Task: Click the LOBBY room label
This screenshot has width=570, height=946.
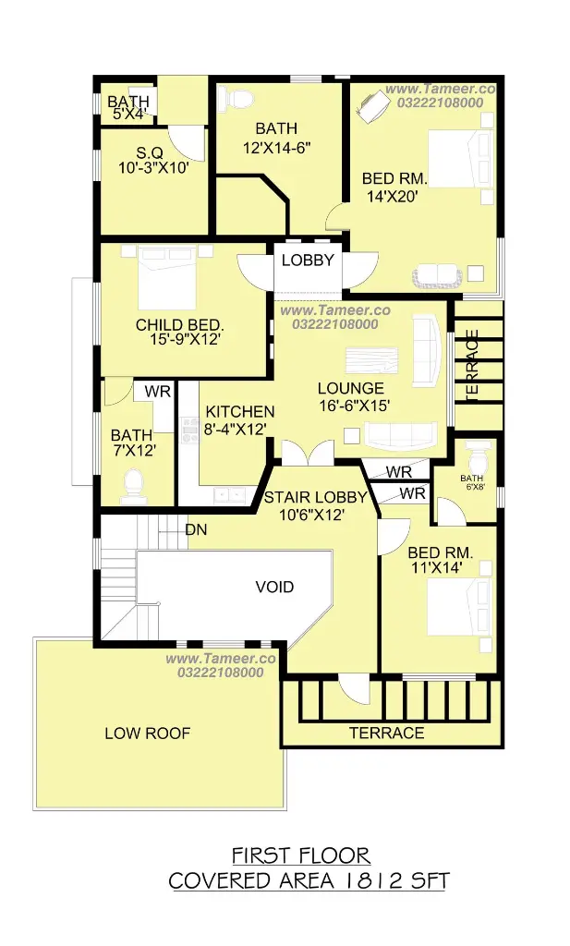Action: point(308,260)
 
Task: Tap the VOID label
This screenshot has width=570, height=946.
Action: point(274,587)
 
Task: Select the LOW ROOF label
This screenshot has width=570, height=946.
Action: point(147,733)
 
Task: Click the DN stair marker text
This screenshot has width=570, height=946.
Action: point(196,529)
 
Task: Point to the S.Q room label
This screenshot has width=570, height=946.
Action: point(150,152)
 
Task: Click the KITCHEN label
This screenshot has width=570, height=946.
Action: point(240,412)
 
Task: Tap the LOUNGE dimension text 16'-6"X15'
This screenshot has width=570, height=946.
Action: point(355,406)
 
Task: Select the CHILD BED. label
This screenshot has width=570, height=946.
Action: point(180,325)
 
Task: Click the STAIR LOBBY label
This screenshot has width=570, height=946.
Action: point(315,497)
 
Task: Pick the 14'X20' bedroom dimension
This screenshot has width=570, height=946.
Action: point(393,196)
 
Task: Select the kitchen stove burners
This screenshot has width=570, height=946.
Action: point(190,430)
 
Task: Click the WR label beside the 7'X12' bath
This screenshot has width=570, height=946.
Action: point(157,392)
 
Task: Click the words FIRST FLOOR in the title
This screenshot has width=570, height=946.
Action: point(301,855)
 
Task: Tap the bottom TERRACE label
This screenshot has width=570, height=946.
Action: point(387,733)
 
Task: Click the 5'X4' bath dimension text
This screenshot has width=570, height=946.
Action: point(128,114)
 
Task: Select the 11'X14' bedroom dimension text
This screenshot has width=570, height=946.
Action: point(437,567)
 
